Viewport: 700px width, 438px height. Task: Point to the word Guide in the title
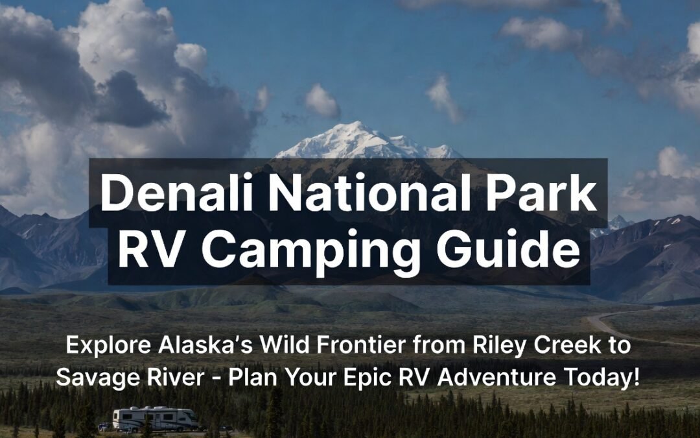coord(506,250)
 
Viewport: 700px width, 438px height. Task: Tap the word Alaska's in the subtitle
coord(195,346)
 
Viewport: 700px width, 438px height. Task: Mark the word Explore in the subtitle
coord(105,346)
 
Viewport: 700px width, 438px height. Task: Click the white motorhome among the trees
coord(156,419)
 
